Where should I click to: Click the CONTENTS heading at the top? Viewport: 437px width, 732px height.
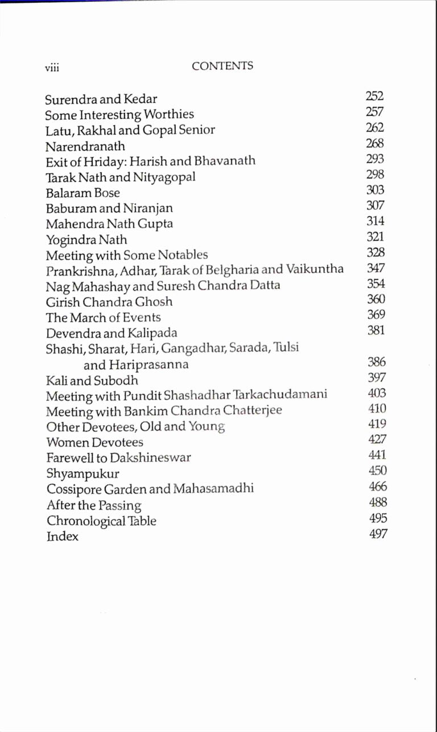click(x=222, y=66)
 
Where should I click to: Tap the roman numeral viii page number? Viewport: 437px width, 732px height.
click(x=52, y=68)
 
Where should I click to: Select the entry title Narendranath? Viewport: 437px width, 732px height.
click(x=85, y=146)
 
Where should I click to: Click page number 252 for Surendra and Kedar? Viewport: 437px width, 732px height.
click(x=374, y=97)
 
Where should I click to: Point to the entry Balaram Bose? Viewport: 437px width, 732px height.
click(x=83, y=193)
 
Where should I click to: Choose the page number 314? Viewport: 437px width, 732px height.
click(x=375, y=221)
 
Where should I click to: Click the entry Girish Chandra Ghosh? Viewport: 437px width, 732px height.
click(x=109, y=302)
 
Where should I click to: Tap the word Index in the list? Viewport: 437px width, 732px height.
click(x=62, y=536)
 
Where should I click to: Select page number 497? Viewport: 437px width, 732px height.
click(x=378, y=534)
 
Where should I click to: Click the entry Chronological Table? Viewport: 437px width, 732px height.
click(x=101, y=521)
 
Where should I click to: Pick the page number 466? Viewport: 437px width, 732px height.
click(x=377, y=486)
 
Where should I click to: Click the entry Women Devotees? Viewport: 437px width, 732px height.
click(x=94, y=442)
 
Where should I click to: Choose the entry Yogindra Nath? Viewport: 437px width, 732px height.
click(x=86, y=240)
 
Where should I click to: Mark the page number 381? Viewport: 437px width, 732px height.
click(x=376, y=330)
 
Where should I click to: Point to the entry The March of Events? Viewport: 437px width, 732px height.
click(x=103, y=318)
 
